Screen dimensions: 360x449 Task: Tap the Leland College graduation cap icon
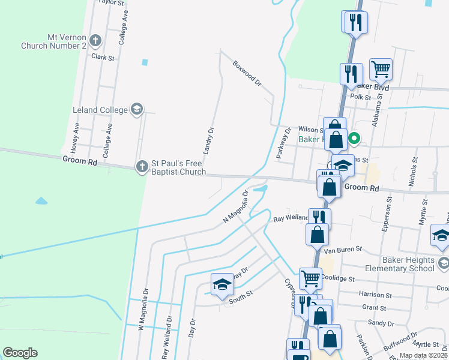tap(137, 109)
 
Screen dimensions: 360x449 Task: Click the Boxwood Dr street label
tap(247, 72)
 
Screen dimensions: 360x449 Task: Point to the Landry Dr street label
tap(208, 140)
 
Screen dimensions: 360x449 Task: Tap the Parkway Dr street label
tap(283, 143)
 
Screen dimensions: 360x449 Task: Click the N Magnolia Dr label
tap(236, 207)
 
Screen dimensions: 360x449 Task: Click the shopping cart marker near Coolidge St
tap(310, 277)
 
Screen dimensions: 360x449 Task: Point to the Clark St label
tap(103, 58)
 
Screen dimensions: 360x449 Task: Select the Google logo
tap(20, 353)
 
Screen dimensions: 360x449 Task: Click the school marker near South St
tap(221, 284)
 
